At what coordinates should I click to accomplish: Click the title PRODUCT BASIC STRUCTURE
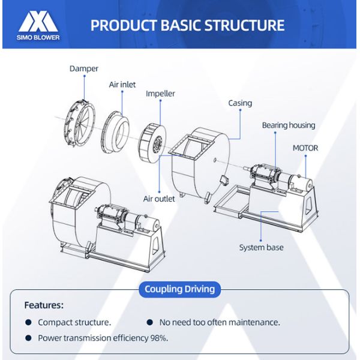click(187, 25)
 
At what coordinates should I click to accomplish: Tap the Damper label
click(84, 69)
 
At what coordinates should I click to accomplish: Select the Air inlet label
click(122, 85)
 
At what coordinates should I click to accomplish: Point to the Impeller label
click(160, 94)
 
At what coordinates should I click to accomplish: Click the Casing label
click(240, 103)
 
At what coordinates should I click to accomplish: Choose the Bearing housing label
click(289, 125)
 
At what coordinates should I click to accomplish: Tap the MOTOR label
click(305, 148)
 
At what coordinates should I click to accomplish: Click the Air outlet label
click(159, 199)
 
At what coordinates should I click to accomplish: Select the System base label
click(262, 247)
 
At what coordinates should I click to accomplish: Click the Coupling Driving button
click(179, 289)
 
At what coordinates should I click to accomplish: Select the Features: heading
click(44, 305)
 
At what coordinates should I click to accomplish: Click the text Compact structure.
click(74, 322)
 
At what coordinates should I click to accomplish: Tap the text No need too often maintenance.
click(219, 322)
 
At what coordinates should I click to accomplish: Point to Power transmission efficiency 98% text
click(103, 338)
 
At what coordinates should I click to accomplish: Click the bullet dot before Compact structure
click(28, 322)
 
